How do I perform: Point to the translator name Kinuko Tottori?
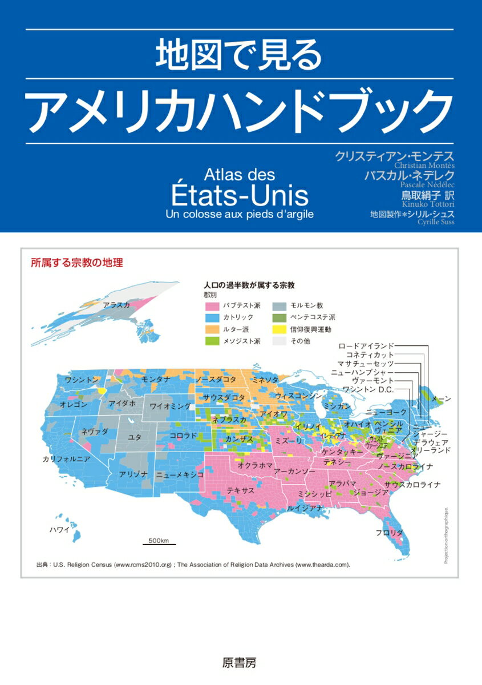pos(430,204)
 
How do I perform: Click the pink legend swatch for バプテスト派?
pos(212,305)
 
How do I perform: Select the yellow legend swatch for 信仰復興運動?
pos(279,329)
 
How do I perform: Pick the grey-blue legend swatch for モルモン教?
pos(279,305)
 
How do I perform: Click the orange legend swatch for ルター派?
pos(212,329)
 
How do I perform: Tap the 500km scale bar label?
pos(159,539)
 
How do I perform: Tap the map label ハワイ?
pos(59,530)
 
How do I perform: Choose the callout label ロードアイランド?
pos(366,346)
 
